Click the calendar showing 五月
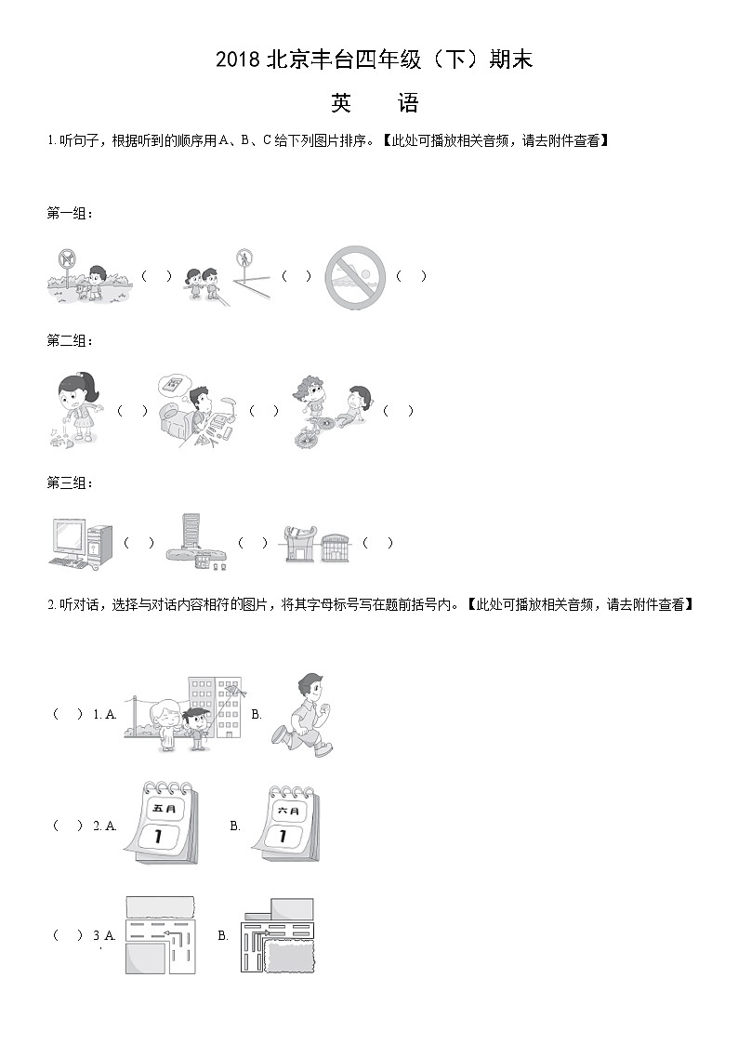(x=162, y=822)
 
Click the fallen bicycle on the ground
(x=314, y=430)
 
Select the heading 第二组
(x=70, y=341)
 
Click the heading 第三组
(x=70, y=483)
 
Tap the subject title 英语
(x=375, y=103)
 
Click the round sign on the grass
(x=66, y=257)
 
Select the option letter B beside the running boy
(x=257, y=714)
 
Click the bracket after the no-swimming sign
(x=411, y=276)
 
